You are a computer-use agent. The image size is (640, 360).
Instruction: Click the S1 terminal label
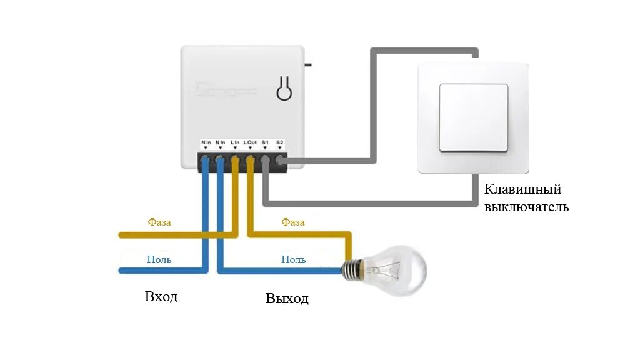click(x=265, y=142)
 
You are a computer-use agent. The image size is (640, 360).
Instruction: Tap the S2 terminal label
click(x=280, y=142)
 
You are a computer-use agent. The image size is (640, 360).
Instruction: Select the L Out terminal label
click(x=250, y=142)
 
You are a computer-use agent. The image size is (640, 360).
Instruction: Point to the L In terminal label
click(x=235, y=142)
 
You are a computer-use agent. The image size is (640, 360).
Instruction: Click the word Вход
click(x=161, y=296)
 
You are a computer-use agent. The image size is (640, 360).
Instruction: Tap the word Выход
click(x=287, y=299)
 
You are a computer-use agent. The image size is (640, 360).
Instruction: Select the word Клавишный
click(x=523, y=189)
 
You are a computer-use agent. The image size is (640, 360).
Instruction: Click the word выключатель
click(x=527, y=207)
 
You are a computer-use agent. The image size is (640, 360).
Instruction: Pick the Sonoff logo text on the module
click(x=226, y=91)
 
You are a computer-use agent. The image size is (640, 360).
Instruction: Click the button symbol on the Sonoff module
click(x=284, y=90)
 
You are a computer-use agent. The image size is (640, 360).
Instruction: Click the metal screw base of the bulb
click(x=352, y=270)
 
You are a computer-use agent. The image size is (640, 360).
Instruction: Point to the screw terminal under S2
click(x=280, y=161)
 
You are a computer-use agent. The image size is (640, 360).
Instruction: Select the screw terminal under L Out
click(x=250, y=161)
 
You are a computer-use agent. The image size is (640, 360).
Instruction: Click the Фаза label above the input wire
click(x=159, y=222)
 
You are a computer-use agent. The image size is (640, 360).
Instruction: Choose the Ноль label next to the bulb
click(x=293, y=259)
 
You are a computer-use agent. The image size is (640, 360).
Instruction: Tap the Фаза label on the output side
click(x=293, y=222)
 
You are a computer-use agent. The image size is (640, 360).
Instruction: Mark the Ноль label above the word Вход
click(x=159, y=259)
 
